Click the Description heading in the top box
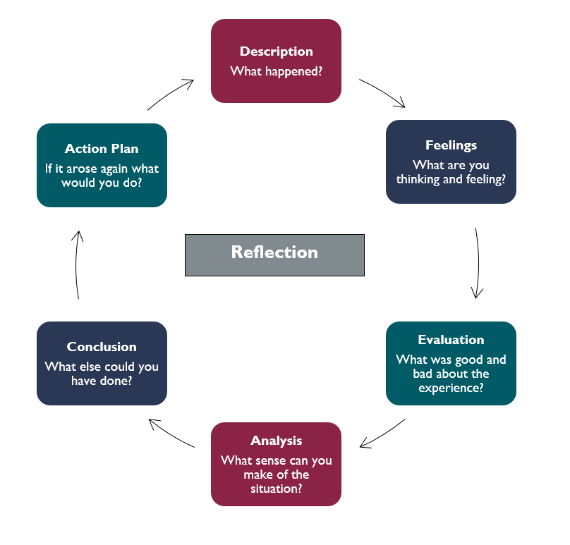(276, 51)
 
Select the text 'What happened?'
(276, 72)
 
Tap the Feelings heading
(451, 145)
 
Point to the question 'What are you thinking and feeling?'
(451, 172)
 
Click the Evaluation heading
(451, 340)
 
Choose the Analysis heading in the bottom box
(276, 441)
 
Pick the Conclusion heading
(102, 347)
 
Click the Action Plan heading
(102, 149)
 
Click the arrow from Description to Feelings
(383, 92)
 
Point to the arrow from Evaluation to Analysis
(383, 434)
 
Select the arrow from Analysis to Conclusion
(171, 433)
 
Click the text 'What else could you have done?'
(102, 374)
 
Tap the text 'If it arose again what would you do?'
(102, 176)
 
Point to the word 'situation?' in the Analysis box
(276, 488)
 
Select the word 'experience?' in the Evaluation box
(451, 387)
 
